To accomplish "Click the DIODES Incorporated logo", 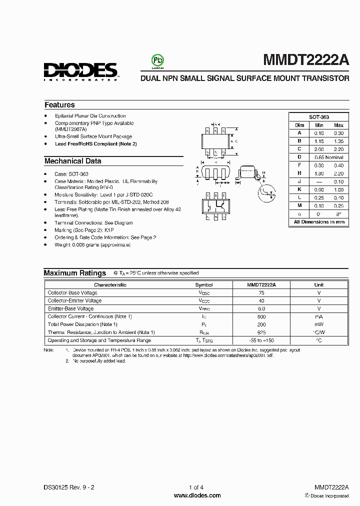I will coord(80,71).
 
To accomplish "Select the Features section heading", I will coord(59,105).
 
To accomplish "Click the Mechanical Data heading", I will coord(72,161).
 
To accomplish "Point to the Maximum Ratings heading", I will coord(75,273).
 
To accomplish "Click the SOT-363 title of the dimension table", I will coord(318,116).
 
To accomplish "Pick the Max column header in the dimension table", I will coord(338,125).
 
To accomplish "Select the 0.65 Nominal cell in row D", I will coord(329,157).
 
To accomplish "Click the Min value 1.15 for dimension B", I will coord(319,141).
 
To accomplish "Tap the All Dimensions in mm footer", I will coord(319,221).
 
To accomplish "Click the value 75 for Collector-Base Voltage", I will coord(261,292).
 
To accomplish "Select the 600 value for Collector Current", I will coord(261,316).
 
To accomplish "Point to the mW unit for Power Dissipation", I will coord(319,324).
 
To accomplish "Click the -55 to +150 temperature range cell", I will coord(261,340).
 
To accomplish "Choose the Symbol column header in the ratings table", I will coord(203,284).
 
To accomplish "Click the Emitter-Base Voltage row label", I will coord(70,308).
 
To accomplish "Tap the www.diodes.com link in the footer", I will coord(197,495).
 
